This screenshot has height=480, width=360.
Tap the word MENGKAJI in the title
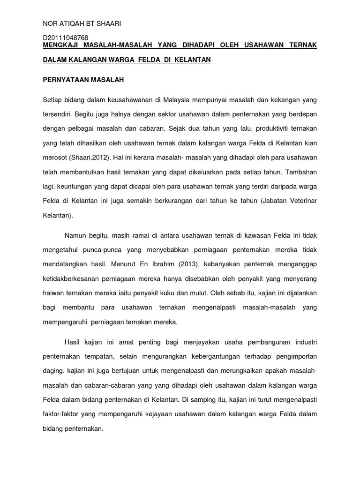(61, 45)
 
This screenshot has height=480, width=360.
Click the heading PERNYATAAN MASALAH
(83, 80)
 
